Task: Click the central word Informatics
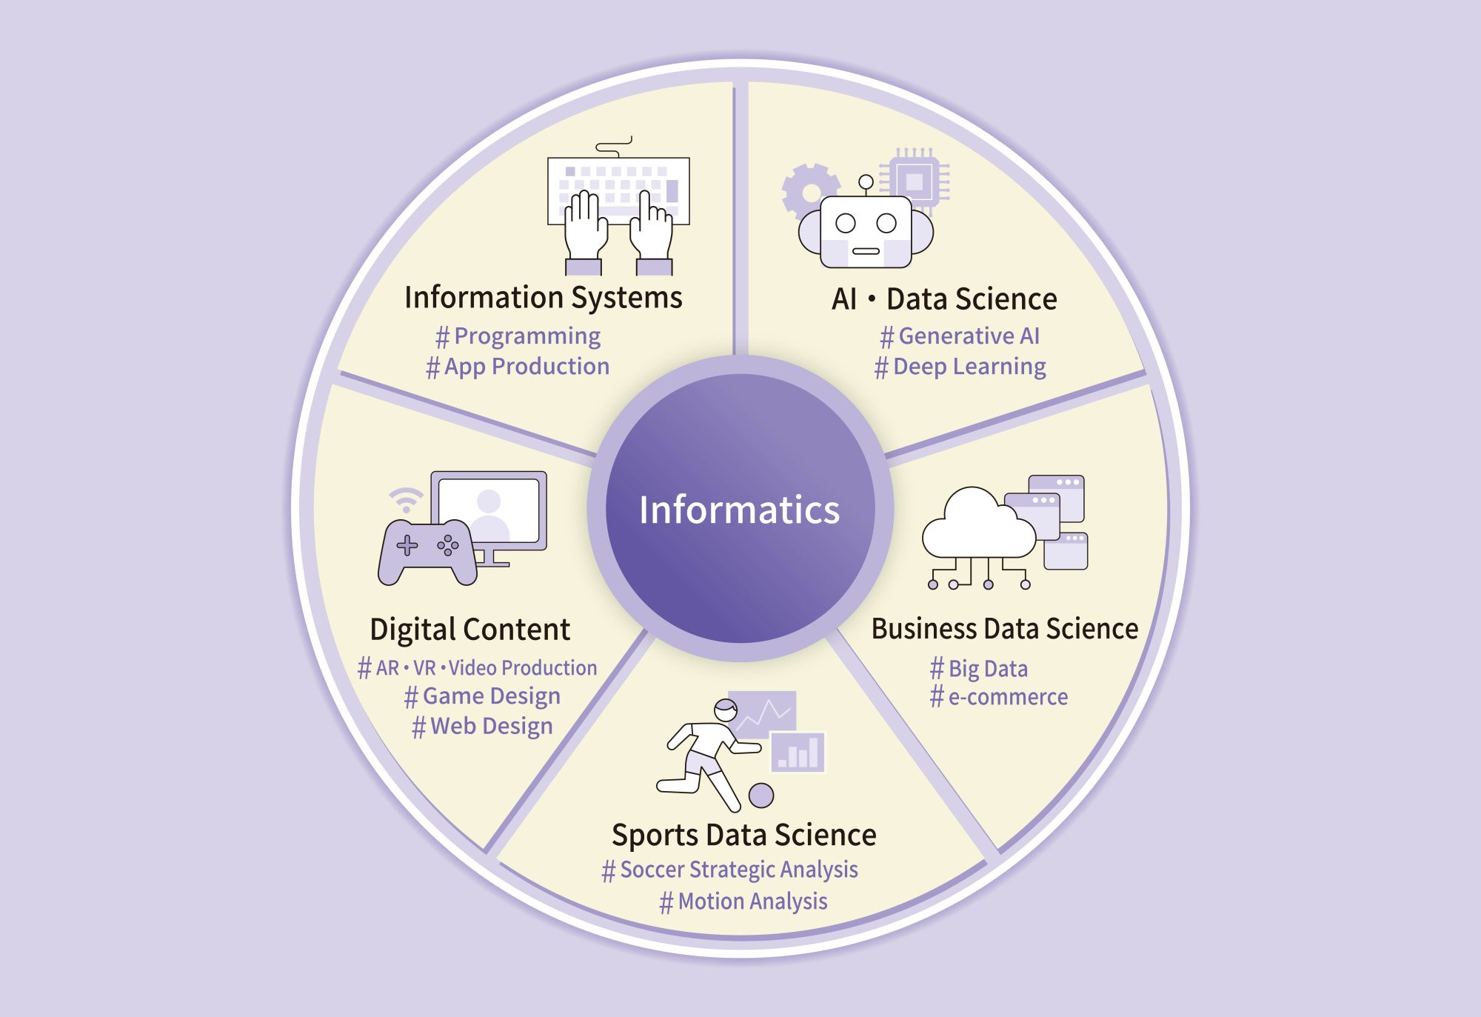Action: click(739, 510)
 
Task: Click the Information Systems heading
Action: click(544, 298)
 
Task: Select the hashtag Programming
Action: click(518, 336)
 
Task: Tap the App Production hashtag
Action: click(518, 367)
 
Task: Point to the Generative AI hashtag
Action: click(960, 336)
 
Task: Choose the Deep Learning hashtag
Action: click(960, 367)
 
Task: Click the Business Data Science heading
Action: click(1005, 629)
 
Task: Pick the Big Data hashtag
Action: click(978, 669)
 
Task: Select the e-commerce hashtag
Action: click(998, 697)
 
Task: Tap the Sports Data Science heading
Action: click(744, 836)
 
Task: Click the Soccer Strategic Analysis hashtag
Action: click(730, 870)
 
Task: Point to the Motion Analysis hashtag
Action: click(743, 901)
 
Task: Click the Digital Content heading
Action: click(470, 630)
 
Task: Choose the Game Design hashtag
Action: click(482, 696)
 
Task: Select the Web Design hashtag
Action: click(482, 727)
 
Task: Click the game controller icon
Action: click(427, 553)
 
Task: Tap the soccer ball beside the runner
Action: click(761, 796)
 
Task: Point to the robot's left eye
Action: click(846, 223)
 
